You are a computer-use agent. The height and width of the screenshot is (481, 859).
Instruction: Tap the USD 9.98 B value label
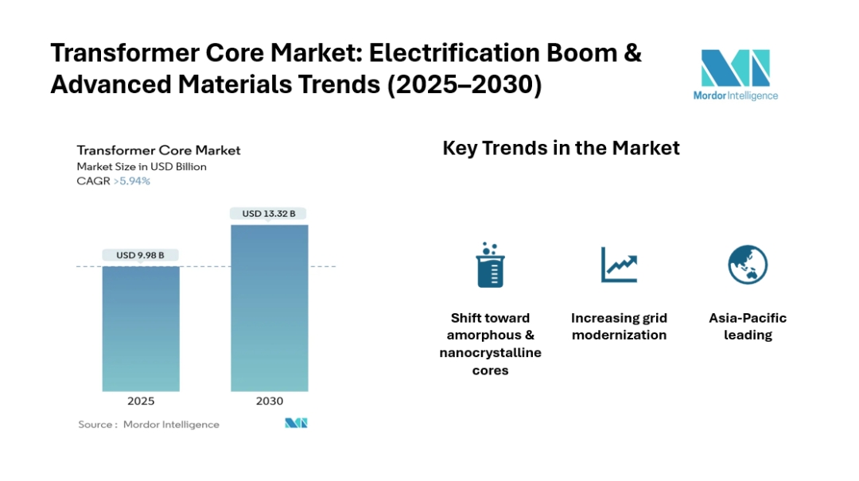pyautogui.click(x=141, y=255)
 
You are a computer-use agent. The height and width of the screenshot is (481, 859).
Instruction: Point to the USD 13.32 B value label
pyautogui.click(x=269, y=213)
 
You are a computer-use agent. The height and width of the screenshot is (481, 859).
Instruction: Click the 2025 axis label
pyautogui.click(x=141, y=401)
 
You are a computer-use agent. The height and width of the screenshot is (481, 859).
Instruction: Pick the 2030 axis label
pyautogui.click(x=269, y=401)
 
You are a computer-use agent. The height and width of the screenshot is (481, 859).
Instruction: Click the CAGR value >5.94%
pyautogui.click(x=134, y=181)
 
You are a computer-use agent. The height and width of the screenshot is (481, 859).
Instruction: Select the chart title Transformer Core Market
pyautogui.click(x=158, y=150)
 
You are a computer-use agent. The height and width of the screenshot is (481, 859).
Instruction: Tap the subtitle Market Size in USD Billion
pyautogui.click(x=142, y=167)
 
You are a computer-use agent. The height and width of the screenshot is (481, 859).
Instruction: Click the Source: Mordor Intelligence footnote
pyautogui.click(x=149, y=425)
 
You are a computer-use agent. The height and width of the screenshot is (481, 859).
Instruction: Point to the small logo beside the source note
pyautogui.click(x=296, y=423)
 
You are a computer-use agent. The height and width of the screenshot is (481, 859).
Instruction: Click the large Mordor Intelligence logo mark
pyautogui.click(x=734, y=69)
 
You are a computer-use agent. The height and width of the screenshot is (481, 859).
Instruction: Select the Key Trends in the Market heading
pyautogui.click(x=561, y=149)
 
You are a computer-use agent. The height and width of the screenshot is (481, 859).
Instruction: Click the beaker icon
pyautogui.click(x=490, y=266)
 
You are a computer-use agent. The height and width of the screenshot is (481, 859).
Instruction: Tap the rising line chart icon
pyautogui.click(x=619, y=265)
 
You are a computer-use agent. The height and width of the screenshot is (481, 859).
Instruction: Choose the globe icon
pyautogui.click(x=748, y=265)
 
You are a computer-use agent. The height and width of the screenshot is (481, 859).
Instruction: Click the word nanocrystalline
pyautogui.click(x=490, y=353)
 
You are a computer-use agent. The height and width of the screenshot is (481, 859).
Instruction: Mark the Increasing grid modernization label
pyautogui.click(x=619, y=327)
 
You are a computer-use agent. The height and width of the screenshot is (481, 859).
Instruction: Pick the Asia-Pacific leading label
pyautogui.click(x=748, y=327)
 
